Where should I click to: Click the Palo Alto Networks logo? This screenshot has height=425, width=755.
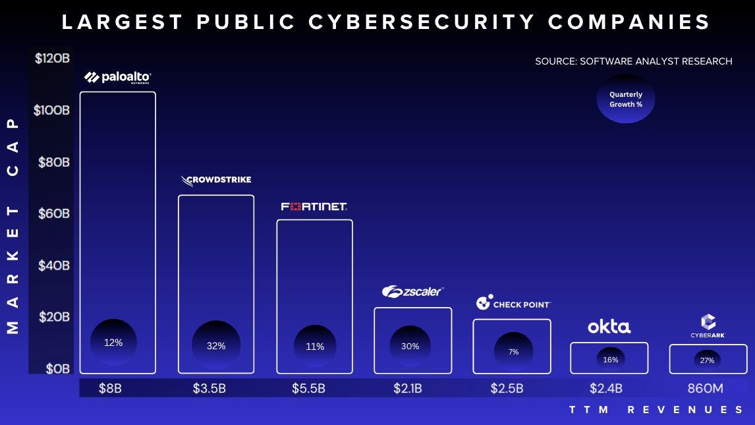coord(118,78)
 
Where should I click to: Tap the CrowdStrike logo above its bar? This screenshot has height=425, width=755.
coord(215,180)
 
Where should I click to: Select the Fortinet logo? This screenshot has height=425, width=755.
coord(314,206)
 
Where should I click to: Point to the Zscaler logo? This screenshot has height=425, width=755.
coord(412,291)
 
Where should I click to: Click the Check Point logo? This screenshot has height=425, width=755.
coord(513,303)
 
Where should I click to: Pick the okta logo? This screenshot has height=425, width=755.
coord(609,326)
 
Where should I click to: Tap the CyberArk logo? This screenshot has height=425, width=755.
coord(708,326)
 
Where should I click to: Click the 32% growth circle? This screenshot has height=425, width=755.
coord(216,345)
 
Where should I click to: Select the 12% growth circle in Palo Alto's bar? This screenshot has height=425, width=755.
coord(113,343)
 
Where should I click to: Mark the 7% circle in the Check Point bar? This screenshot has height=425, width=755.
coord(513,352)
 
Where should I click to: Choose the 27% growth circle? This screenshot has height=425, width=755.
coord(707,360)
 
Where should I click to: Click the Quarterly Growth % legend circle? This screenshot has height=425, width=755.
coord(625,99)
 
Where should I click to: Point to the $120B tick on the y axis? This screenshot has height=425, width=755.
coord(52,58)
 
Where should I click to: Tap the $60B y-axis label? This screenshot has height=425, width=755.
coord(52,213)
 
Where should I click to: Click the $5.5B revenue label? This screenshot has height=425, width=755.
coord(308,388)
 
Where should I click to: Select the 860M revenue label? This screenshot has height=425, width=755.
coord(705,388)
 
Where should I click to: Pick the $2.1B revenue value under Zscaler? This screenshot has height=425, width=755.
coord(407,388)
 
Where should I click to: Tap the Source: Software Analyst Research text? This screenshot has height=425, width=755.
coord(633,61)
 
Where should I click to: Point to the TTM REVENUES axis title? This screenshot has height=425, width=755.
coord(656,410)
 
